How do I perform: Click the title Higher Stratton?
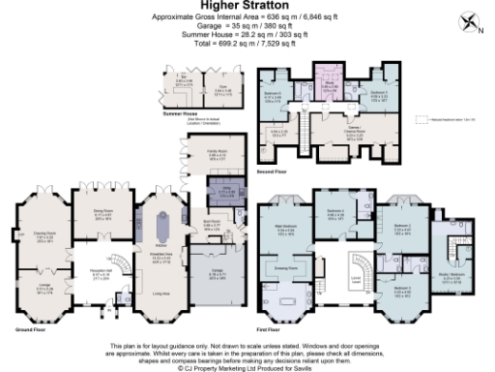pos(247,7)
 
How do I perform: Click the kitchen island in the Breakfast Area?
pos(160,228)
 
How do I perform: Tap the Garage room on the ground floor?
pos(211,275)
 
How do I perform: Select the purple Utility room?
pos(226,193)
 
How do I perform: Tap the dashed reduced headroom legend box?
pos(422,119)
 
